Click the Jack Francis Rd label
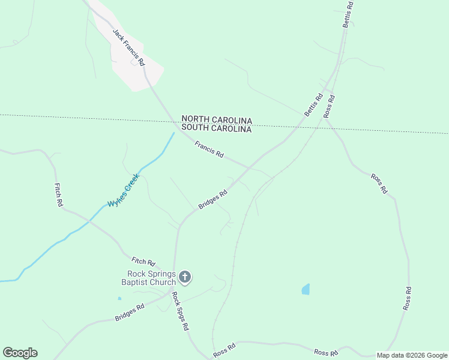[128, 46]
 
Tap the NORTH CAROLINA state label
[217, 120]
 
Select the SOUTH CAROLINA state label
[217, 128]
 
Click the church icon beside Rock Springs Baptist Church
[185, 277]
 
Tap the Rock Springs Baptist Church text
[148, 278]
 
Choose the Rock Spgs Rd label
[180, 311]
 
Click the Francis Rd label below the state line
[209, 149]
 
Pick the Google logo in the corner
[20, 353]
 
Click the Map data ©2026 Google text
[412, 355]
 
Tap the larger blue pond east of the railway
[306, 289]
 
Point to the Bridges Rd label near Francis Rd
[213, 200]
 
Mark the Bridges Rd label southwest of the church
[130, 312]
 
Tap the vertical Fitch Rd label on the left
[59, 195]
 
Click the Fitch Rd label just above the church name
[143, 262]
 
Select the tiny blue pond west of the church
[119, 298]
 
